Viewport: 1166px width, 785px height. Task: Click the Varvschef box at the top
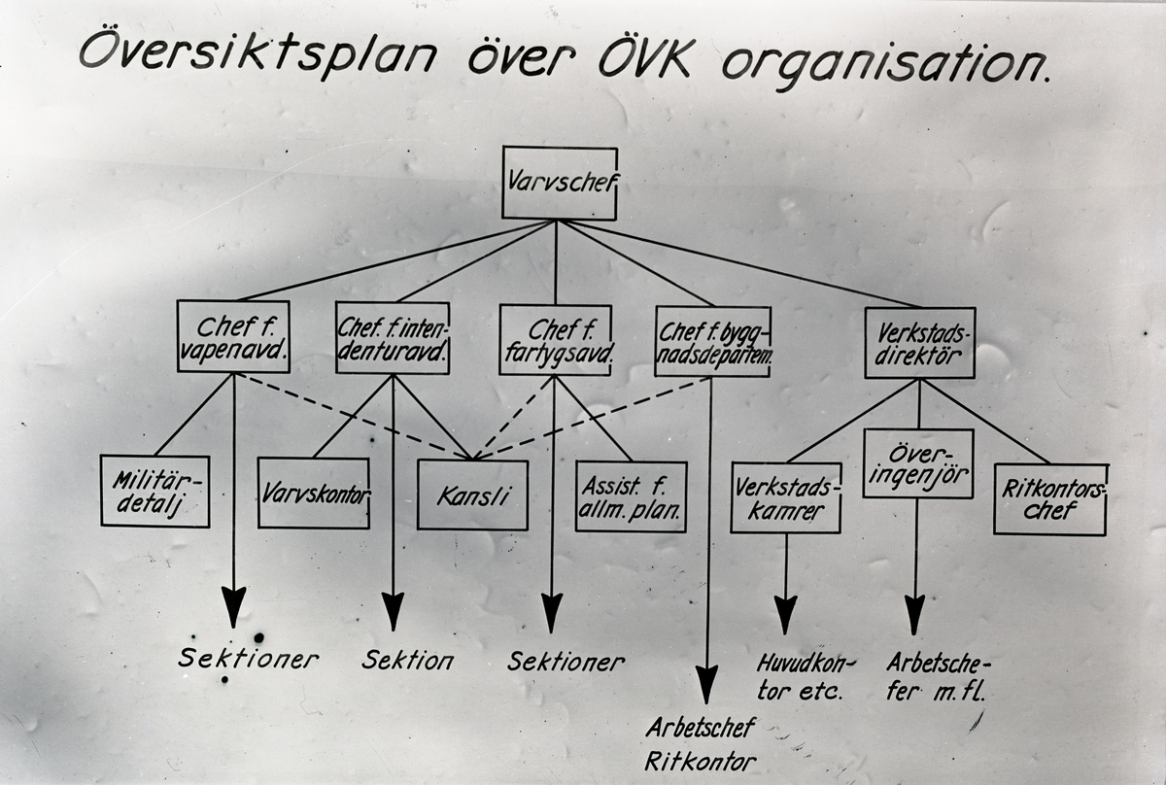click(x=559, y=183)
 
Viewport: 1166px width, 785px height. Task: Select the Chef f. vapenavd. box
click(x=233, y=336)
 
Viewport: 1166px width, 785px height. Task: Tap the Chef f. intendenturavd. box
click(x=393, y=337)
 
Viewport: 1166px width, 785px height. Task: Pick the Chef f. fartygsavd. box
click(x=556, y=339)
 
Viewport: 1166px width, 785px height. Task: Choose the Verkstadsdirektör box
click(x=918, y=342)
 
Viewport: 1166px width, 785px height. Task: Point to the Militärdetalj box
click(x=154, y=491)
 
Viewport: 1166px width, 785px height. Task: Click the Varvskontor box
click(x=313, y=493)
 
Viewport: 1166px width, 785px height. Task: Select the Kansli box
click(x=472, y=495)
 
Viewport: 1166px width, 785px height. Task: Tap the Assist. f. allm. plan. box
click(x=631, y=496)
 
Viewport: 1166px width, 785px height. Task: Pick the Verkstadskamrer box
click(x=785, y=497)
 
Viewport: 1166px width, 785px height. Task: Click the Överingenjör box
click(x=917, y=463)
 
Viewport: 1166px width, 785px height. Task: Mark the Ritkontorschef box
click(x=1049, y=499)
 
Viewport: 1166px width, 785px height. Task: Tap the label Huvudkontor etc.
click(x=806, y=678)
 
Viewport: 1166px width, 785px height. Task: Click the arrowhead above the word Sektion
click(x=393, y=610)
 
